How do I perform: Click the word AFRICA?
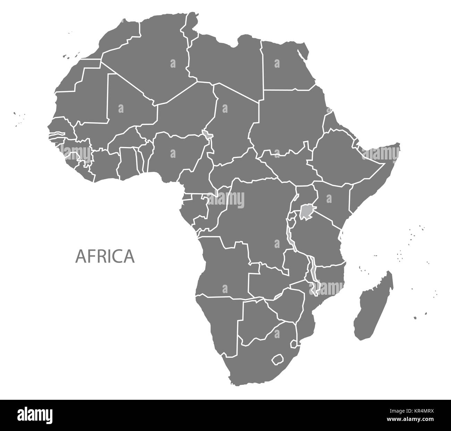click(x=105, y=256)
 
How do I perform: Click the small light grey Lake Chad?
click(x=207, y=134)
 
